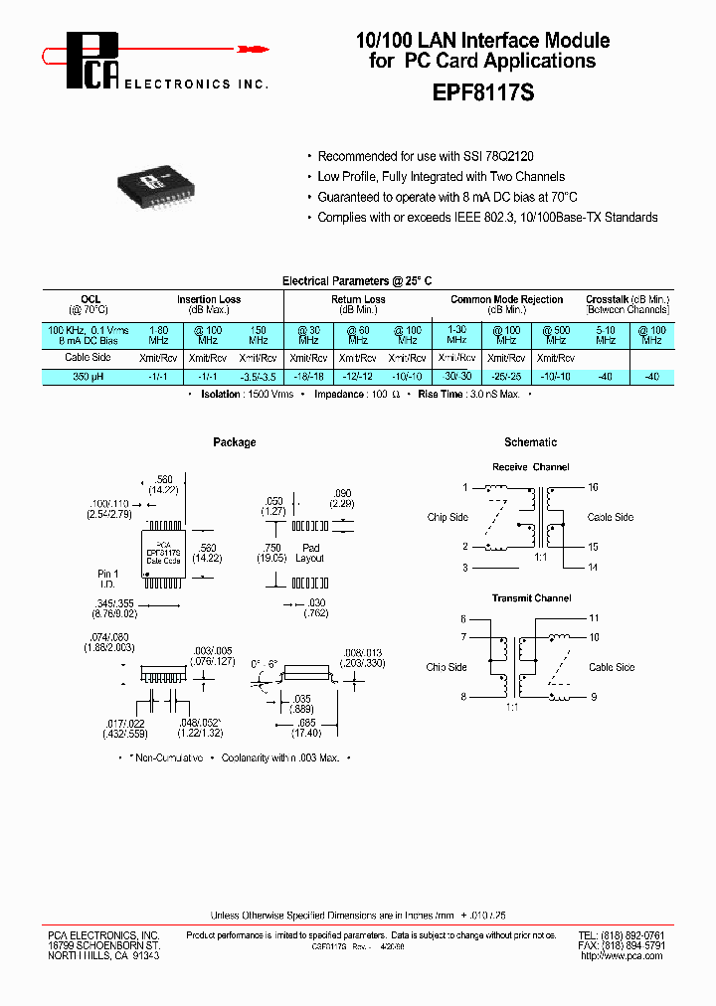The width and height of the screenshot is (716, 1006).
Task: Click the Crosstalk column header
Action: (x=627, y=299)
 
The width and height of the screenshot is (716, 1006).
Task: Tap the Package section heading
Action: (x=235, y=442)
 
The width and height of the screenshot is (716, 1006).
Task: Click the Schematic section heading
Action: (x=530, y=442)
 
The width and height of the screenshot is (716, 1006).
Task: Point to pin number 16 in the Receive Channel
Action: (x=593, y=488)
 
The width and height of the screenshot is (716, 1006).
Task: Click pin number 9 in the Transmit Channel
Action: (x=593, y=697)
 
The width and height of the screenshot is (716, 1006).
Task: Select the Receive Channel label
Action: (x=531, y=467)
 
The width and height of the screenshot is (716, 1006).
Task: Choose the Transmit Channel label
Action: (x=531, y=598)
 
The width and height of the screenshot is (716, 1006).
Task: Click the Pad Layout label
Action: (x=310, y=553)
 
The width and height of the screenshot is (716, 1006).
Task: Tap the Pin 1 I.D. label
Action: (x=107, y=580)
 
